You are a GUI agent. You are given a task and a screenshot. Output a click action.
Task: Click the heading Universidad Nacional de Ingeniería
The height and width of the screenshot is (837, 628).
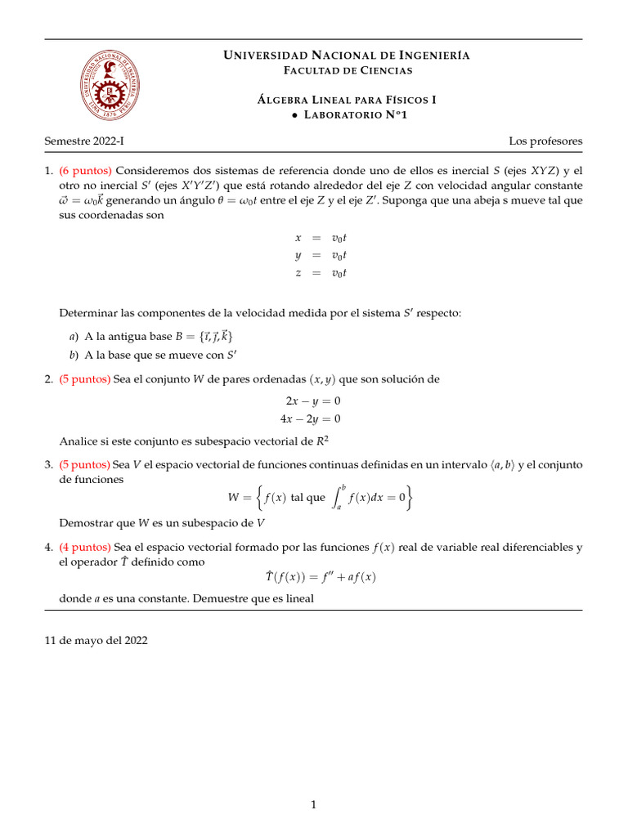(347, 56)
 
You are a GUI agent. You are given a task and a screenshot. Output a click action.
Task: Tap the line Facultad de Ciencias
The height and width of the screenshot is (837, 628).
(347, 70)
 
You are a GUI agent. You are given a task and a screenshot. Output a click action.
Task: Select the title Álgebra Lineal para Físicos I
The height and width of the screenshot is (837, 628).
(347, 100)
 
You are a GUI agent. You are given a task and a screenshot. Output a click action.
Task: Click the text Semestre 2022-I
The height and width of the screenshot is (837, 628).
(84, 141)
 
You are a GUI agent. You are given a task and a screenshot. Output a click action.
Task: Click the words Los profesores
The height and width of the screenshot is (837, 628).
(545, 141)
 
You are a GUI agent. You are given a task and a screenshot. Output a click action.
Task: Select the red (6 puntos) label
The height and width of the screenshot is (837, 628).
(86, 171)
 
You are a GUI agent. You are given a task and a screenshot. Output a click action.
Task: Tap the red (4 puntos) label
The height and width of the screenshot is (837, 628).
(86, 547)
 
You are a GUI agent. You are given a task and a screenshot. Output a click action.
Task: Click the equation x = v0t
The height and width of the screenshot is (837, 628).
(321, 238)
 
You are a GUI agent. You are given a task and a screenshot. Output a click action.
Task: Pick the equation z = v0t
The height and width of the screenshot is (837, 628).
(321, 273)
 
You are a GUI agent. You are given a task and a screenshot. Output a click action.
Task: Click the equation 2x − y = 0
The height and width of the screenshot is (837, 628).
(312, 401)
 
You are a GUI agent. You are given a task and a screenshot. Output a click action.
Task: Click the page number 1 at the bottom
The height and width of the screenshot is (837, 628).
(313, 805)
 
